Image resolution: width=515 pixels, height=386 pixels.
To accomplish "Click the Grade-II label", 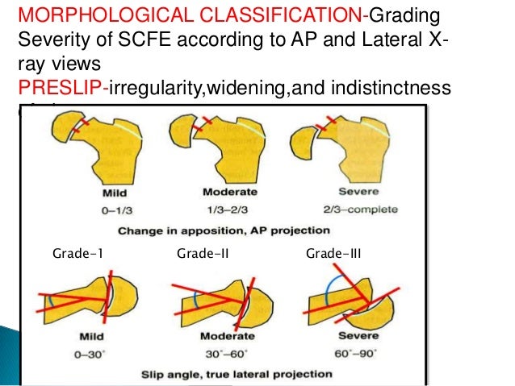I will coord(203,255).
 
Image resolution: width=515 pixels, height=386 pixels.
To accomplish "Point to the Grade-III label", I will coord(333,255).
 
